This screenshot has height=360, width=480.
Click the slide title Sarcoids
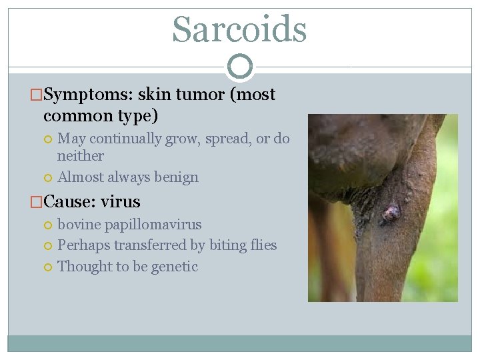click(239, 29)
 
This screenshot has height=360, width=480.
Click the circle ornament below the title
click(240, 67)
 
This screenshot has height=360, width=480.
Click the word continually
click(116, 139)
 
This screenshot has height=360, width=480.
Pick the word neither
click(81, 156)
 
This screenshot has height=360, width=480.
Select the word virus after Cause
click(121, 201)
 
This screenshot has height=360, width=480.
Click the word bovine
click(81, 225)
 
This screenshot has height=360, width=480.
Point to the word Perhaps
click(83, 245)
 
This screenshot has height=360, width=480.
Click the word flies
click(262, 245)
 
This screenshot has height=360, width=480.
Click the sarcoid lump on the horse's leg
click(390, 213)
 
